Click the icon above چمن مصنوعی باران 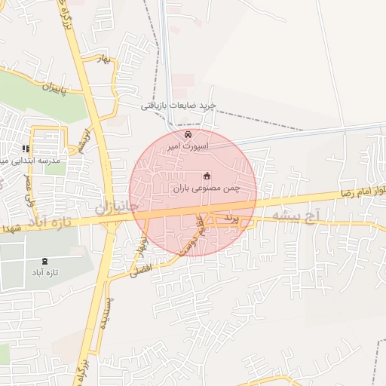207,176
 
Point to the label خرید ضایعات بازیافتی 179,106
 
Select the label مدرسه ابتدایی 30,161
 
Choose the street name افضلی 139,270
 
